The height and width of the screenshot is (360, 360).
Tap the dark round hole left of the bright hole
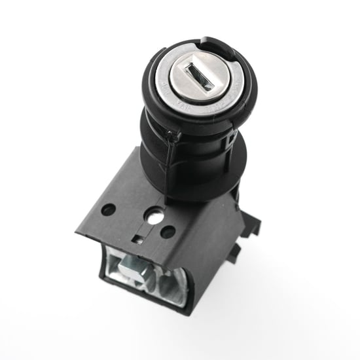[109, 210]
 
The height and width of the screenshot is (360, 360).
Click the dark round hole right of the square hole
[168, 232]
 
